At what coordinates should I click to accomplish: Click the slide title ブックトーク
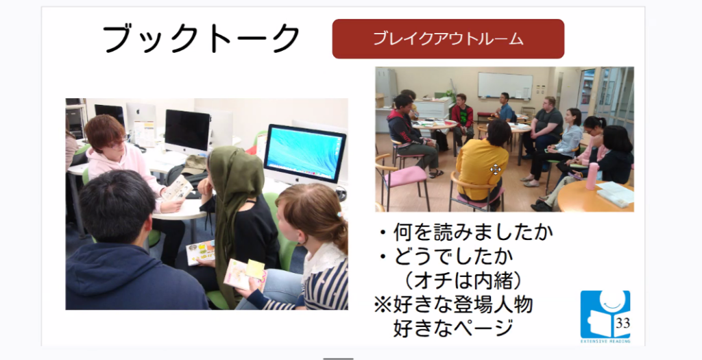click(201, 38)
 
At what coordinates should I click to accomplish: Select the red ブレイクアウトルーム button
click(448, 39)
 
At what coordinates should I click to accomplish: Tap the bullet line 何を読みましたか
click(466, 233)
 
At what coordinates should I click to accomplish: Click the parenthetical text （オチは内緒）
click(462, 281)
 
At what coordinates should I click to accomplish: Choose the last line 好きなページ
click(452, 329)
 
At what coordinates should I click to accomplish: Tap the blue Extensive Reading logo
click(605, 316)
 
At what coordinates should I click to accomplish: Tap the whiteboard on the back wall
click(505, 85)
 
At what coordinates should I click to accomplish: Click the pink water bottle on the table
click(592, 176)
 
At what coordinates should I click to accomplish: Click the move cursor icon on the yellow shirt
click(495, 169)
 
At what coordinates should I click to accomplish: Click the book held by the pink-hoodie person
click(178, 188)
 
